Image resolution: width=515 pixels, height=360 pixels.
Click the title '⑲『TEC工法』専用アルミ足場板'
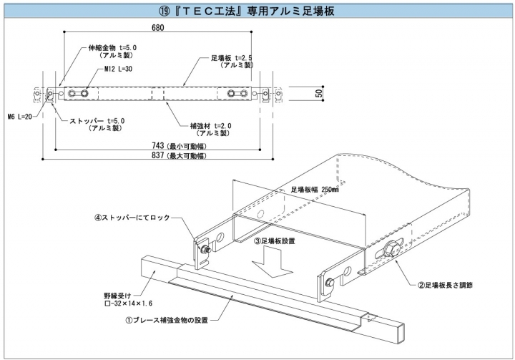pyautogui.click(x=257, y=11)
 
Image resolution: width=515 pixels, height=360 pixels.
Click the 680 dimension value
pyautogui.click(x=158, y=28)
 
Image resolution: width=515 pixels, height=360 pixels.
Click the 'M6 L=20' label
pyautogui.click(x=19, y=116)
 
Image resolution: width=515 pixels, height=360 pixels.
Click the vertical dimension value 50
pyautogui.click(x=320, y=94)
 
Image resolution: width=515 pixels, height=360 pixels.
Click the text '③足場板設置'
pyautogui.click(x=274, y=241)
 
